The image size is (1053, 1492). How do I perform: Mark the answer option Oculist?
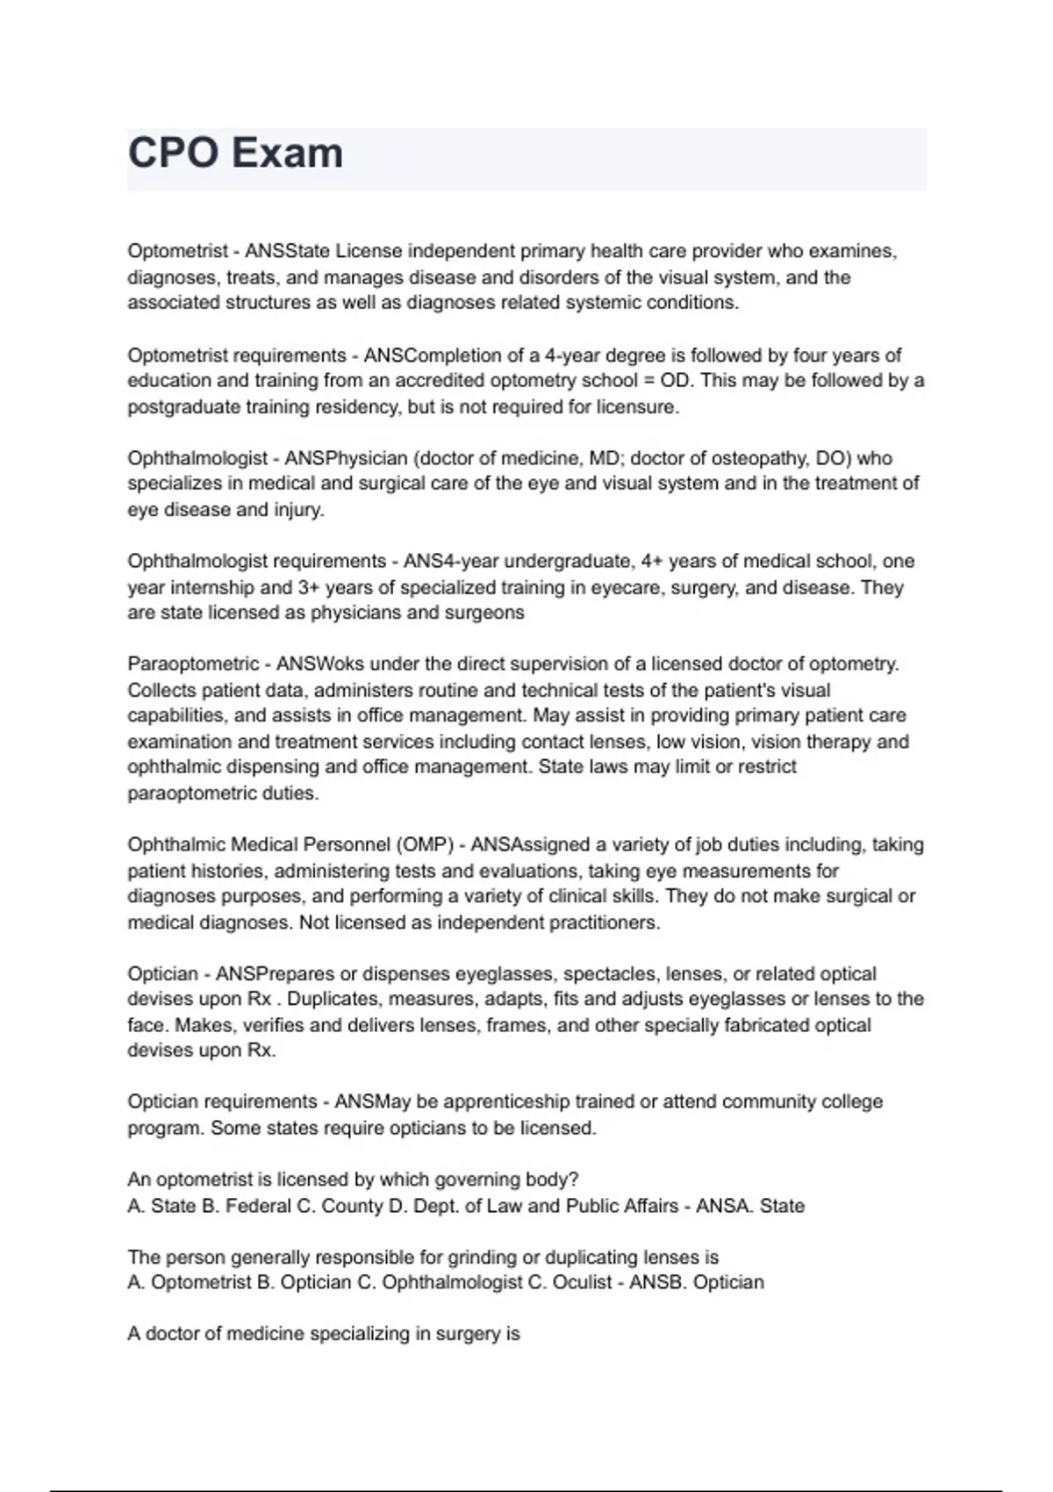(x=582, y=1282)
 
